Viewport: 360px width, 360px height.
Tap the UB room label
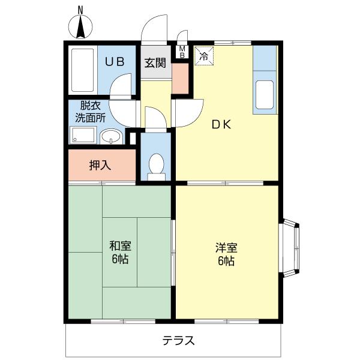tap(115, 62)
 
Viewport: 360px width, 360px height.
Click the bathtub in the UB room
tap(81, 69)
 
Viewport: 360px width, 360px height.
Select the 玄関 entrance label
tap(155, 62)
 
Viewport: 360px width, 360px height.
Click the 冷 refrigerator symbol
tap(203, 56)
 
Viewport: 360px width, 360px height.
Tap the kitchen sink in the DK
tap(264, 92)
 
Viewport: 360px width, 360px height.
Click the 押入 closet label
tap(100, 166)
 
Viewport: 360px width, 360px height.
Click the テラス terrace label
tap(178, 340)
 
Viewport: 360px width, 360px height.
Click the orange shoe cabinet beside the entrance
tap(179, 78)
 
